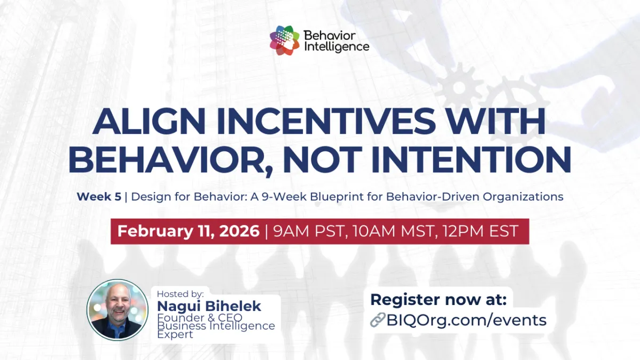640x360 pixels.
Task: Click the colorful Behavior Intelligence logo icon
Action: coord(284,41)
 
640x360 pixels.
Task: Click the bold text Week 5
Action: coord(99,196)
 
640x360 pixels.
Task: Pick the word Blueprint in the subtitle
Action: coord(340,196)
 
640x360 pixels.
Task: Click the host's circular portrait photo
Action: coord(117,309)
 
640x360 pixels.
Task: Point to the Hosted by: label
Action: coord(180,293)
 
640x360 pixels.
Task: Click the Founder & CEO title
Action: coord(199,317)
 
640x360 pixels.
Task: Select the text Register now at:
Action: coord(438,299)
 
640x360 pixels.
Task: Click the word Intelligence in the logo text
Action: coord(336,46)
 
